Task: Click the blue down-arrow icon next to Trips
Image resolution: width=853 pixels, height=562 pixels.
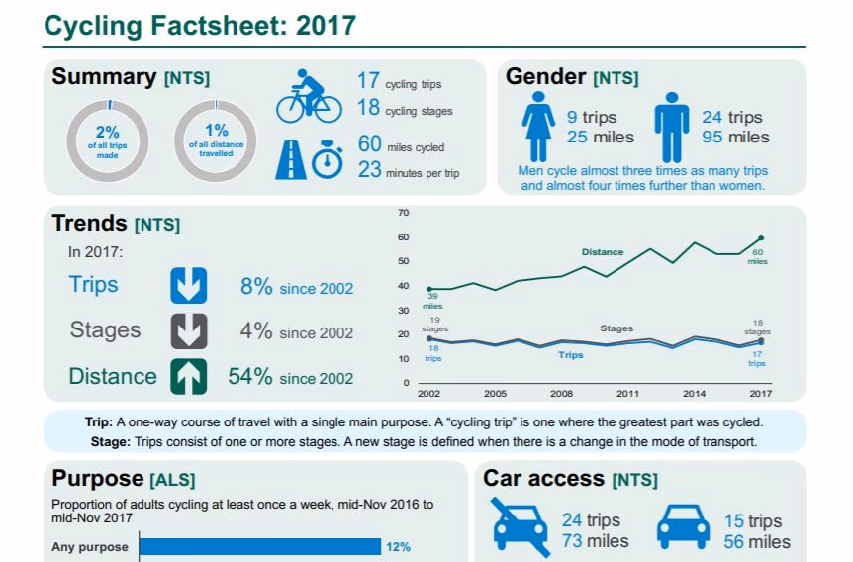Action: click(188, 285)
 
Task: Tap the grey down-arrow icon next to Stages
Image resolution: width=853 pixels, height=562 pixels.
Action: click(188, 330)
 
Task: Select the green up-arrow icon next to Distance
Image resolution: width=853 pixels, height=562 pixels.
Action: click(188, 376)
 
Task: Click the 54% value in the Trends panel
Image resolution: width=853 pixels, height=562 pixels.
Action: click(255, 377)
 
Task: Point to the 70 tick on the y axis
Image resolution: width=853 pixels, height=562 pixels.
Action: click(403, 213)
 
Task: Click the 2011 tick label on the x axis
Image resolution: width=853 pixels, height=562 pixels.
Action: click(628, 394)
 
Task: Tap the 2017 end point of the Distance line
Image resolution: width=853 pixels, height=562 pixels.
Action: click(761, 237)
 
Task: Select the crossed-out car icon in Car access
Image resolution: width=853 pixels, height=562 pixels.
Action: click(521, 524)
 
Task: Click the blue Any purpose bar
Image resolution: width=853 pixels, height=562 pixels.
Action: click(259, 546)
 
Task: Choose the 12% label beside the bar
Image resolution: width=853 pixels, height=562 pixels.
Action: click(399, 546)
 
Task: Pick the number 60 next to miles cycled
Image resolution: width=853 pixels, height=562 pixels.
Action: click(369, 145)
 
